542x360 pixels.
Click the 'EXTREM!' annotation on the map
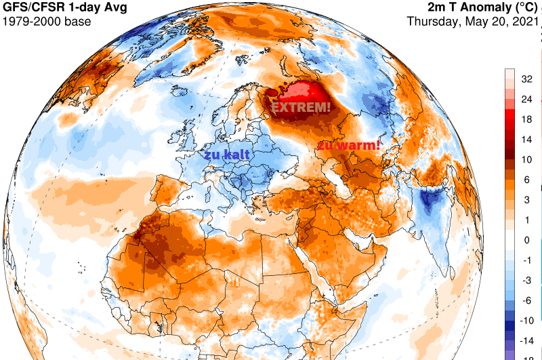point(301,107)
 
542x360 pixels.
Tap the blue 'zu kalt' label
point(227,155)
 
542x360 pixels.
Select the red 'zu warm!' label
point(348,145)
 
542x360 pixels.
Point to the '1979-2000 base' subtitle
point(46,21)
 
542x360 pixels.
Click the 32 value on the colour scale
point(525,79)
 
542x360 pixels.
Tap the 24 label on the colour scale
point(525,99)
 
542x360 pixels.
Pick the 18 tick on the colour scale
point(525,119)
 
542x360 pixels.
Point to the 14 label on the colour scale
point(525,139)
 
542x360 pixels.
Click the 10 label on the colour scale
point(525,159)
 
